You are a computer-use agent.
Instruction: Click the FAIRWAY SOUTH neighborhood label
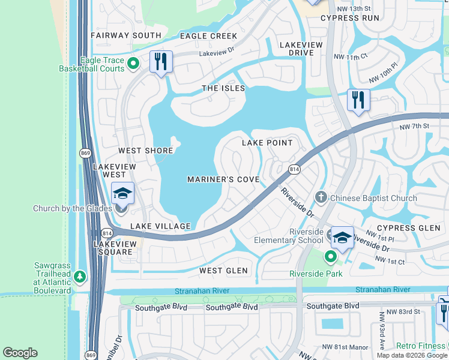[x=126, y=35]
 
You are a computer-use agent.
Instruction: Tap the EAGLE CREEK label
[x=208, y=36]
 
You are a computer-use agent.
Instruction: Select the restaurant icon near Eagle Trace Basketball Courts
[x=161, y=62]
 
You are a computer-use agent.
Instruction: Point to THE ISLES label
[x=223, y=88]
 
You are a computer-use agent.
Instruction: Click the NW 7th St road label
[x=415, y=126]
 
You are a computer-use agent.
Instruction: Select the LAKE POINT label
[x=267, y=143]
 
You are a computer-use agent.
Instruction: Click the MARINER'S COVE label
[x=223, y=179]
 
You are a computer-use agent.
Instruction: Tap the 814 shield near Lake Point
[x=294, y=170]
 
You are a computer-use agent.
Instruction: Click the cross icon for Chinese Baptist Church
[x=321, y=197]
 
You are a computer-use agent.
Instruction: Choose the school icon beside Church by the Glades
[x=122, y=193]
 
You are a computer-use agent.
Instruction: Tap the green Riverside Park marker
[x=330, y=257]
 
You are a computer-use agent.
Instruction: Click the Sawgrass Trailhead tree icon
[x=80, y=277]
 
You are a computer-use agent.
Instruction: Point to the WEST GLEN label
[x=223, y=271]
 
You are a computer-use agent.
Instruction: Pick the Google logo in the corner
[x=20, y=353]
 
